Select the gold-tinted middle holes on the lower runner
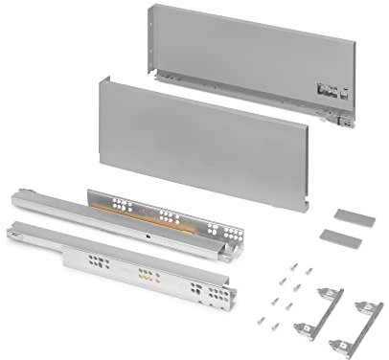coord(149,277)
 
